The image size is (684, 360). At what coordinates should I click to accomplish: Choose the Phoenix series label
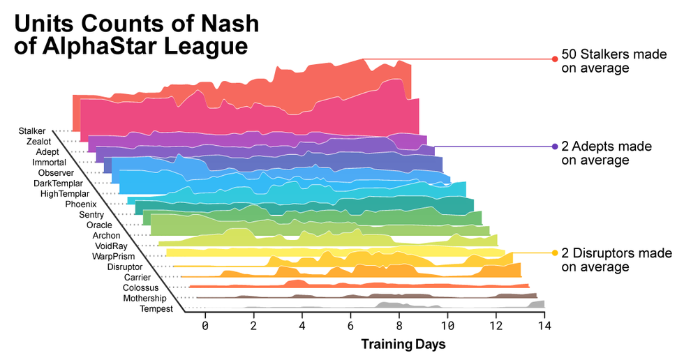[x=81, y=204]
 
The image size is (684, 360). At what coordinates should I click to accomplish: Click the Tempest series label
[x=156, y=308]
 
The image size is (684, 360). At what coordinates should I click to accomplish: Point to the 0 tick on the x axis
[x=205, y=326]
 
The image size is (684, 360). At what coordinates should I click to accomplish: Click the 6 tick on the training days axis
[x=350, y=326]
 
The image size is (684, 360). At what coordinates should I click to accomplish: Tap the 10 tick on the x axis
[x=447, y=326]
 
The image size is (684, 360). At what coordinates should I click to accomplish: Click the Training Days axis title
[x=403, y=344]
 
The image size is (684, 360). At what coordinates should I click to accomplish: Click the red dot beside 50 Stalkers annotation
[x=555, y=59]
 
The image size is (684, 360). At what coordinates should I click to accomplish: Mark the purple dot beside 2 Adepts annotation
[x=555, y=147]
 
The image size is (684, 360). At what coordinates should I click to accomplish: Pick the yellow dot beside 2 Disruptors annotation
[x=555, y=253]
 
